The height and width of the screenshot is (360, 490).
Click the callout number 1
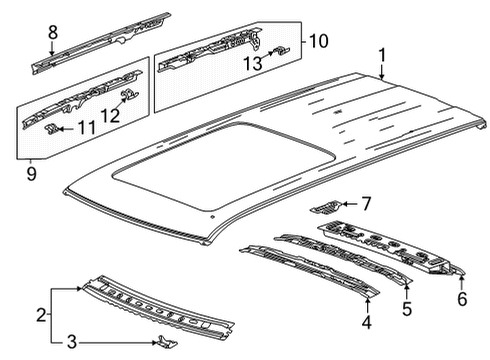tap(382, 55)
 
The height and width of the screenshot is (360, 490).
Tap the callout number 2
tap(41, 315)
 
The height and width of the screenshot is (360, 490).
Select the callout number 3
tap(72, 342)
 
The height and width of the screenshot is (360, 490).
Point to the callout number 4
tap(367, 322)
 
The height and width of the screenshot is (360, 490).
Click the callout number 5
tap(407, 309)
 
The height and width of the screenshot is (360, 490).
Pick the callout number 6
tap(462, 299)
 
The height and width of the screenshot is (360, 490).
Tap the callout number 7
tap(366, 204)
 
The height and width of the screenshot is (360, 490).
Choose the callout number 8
tap(53, 32)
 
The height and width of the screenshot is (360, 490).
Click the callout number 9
tap(31, 174)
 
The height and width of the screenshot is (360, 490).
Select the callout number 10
tap(318, 41)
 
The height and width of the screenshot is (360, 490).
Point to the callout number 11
tap(86, 127)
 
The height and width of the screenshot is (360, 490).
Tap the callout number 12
tap(110, 115)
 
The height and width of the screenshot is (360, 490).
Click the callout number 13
tap(252, 63)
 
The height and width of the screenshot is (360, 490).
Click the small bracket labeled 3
tap(167, 342)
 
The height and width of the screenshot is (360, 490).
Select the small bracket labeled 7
tap(325, 207)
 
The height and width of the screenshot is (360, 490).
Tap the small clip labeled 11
tap(52, 128)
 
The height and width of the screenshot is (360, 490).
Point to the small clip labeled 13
tap(281, 51)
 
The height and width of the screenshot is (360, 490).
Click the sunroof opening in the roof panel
tap(223, 166)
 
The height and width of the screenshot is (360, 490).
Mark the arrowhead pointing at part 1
tap(382, 77)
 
